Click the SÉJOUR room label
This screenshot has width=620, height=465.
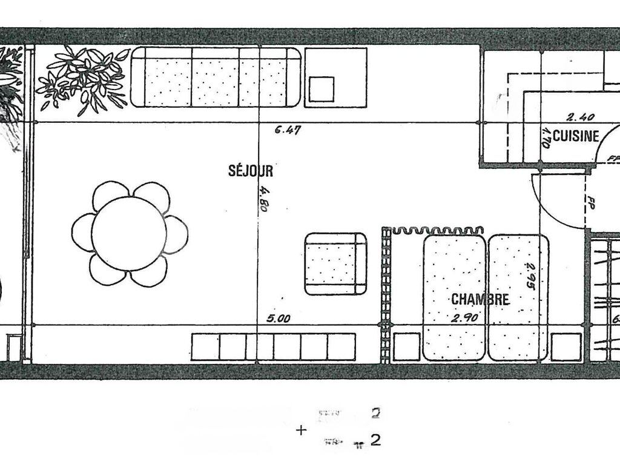tap(251, 171)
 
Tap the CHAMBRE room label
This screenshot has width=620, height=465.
tap(480, 299)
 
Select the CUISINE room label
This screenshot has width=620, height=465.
tap(576, 136)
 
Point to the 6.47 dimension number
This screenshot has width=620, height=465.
tap(288, 129)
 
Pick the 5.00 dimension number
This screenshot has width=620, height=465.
tap(279, 318)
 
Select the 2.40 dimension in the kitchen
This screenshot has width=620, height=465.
tap(580, 117)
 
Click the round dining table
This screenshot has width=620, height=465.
tap(129, 233)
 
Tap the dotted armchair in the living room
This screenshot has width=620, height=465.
tap(335, 264)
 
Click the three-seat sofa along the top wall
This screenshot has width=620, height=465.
tap(216, 77)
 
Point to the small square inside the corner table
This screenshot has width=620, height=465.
tap(322, 88)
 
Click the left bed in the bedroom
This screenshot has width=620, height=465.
tap(454, 297)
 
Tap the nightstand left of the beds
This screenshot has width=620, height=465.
tap(406, 347)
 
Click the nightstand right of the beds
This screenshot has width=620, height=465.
tap(567, 347)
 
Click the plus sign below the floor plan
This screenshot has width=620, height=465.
tap(301, 430)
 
